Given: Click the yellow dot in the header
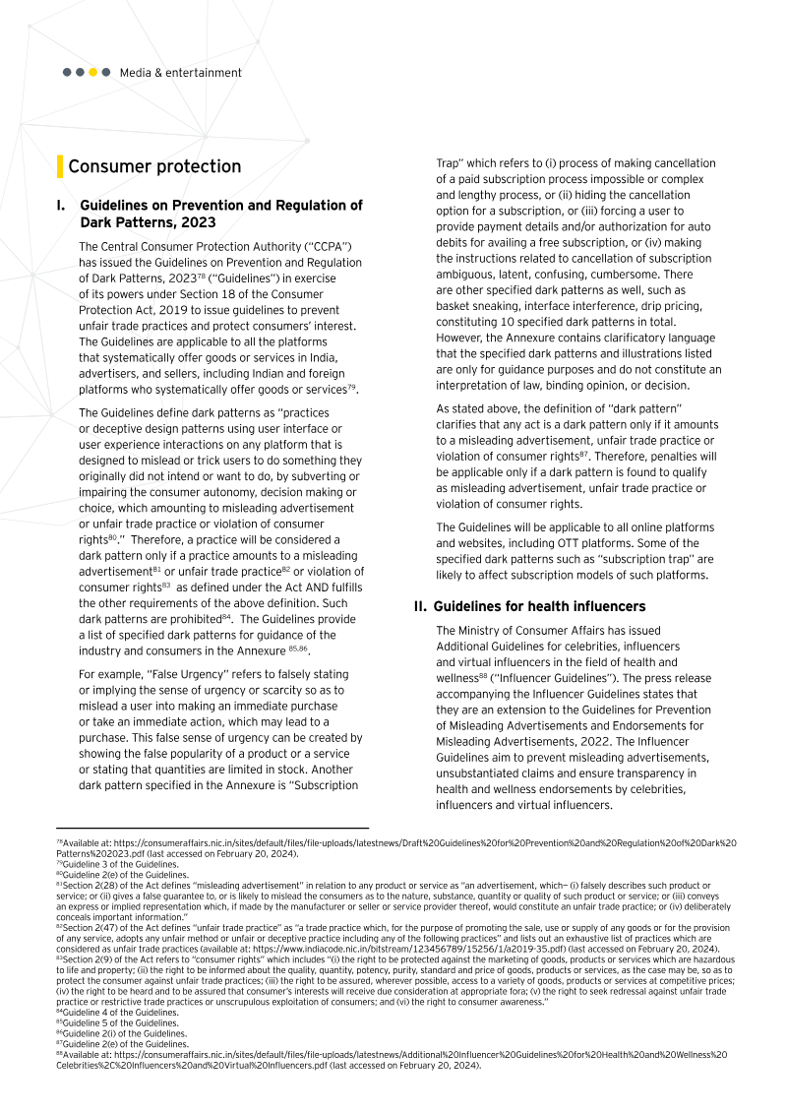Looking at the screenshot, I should (92, 73).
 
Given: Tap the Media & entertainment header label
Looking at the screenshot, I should (180, 73).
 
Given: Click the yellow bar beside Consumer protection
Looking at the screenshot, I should (60, 167).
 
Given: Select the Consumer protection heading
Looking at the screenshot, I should (154, 167).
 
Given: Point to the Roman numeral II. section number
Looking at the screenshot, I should (419, 606).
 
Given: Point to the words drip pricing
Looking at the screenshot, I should (636, 306).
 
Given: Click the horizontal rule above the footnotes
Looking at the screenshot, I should (212, 828).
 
